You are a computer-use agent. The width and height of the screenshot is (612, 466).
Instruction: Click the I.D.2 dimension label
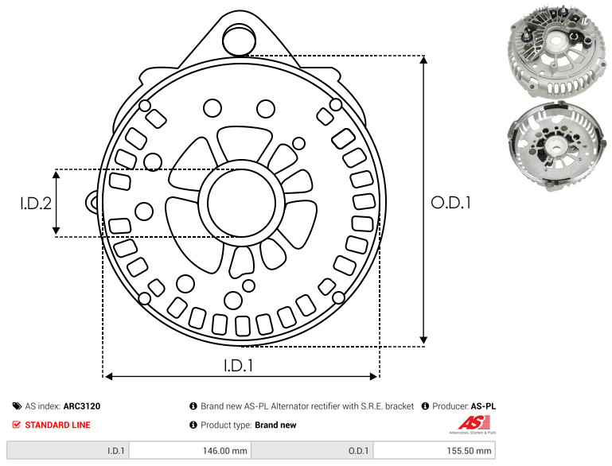coord(36,203)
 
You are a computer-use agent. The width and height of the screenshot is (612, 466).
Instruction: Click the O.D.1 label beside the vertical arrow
coord(450,203)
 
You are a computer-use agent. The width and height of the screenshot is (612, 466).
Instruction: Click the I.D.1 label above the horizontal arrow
coord(239,365)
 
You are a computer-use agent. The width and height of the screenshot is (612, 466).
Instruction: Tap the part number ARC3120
coord(82,406)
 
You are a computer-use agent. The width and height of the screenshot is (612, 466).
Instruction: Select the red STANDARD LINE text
coord(58,425)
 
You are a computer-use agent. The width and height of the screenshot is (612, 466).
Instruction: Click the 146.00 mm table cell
coord(190,450)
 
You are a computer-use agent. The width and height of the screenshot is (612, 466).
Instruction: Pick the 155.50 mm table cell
coord(435,450)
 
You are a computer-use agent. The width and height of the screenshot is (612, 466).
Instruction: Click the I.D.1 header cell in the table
coord(68,450)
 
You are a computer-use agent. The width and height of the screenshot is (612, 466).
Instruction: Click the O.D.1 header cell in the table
coord(313,450)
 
